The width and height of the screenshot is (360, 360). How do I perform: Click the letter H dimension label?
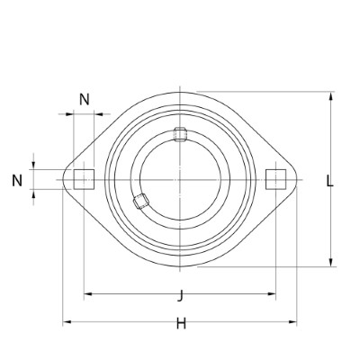181,324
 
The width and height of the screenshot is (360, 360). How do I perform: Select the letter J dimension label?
181,294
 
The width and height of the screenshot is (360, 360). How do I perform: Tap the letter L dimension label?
330,180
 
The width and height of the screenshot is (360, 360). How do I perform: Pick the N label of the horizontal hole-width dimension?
84,99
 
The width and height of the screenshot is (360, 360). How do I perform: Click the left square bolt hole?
83,179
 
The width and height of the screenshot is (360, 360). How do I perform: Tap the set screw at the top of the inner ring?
180,137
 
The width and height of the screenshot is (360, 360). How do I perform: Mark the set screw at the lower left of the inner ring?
139,202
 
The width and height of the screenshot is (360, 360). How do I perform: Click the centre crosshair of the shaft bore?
180,179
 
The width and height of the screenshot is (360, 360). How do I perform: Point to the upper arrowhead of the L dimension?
332,94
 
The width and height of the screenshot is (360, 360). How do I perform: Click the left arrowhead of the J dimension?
86,294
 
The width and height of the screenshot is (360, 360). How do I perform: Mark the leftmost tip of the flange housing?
63,179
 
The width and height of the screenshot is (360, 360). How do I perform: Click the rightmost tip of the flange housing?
297,179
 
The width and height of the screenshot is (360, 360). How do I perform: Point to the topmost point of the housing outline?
180,90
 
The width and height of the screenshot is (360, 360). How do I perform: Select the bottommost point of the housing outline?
180,267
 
